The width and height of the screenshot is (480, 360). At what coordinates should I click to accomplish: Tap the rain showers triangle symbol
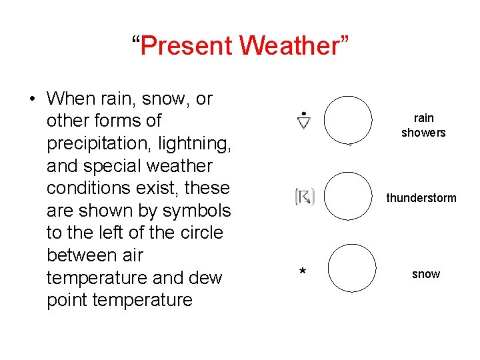coord(304,121)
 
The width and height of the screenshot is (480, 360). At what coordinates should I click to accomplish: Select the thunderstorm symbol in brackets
coord(305,197)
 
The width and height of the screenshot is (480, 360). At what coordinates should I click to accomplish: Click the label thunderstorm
coord(421,198)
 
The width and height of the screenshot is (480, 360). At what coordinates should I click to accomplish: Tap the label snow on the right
coord(425,274)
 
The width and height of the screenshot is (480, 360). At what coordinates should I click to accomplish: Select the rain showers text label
coord(423,125)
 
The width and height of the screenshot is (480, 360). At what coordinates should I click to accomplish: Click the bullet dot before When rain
coord(32,99)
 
